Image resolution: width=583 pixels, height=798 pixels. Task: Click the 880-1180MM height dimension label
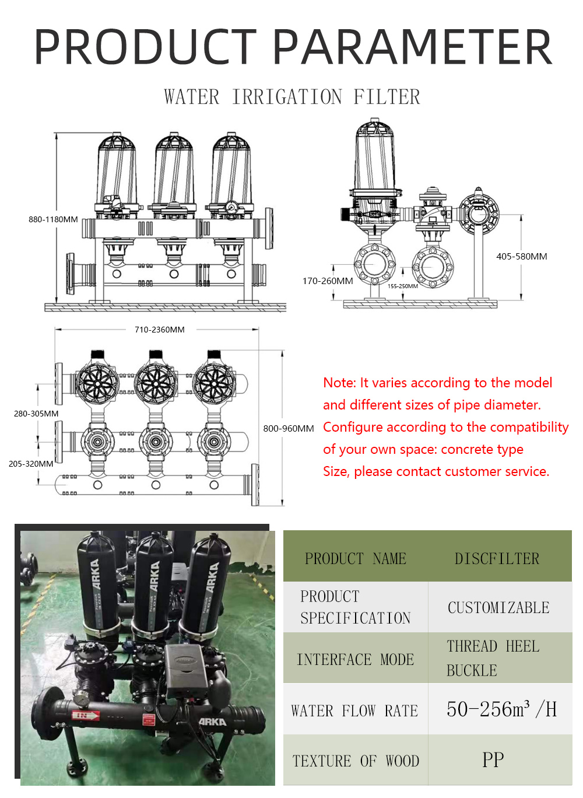click(53, 219)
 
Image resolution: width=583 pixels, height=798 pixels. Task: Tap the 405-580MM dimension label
click(521, 256)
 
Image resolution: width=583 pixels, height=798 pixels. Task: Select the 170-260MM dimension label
click(328, 281)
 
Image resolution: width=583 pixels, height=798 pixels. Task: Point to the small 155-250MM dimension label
click(403, 286)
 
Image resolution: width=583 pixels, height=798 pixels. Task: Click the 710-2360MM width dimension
click(159, 330)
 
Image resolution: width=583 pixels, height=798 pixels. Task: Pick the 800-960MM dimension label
click(289, 428)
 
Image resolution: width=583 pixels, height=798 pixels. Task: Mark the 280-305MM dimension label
click(36, 414)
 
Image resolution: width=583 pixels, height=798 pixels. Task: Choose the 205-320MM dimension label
click(31, 464)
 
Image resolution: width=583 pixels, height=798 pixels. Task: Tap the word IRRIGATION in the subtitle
click(287, 97)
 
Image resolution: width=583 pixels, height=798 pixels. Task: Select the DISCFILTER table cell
click(497, 558)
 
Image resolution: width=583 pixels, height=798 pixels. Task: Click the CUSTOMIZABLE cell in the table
click(498, 607)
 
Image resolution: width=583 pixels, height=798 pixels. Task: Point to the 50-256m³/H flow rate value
click(501, 709)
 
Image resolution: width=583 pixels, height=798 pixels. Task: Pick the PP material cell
click(493, 759)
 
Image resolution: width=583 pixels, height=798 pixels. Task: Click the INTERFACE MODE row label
click(355, 659)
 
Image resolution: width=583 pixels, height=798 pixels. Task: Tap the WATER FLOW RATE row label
click(354, 710)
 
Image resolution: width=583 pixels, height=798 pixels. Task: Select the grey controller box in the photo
click(186, 668)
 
